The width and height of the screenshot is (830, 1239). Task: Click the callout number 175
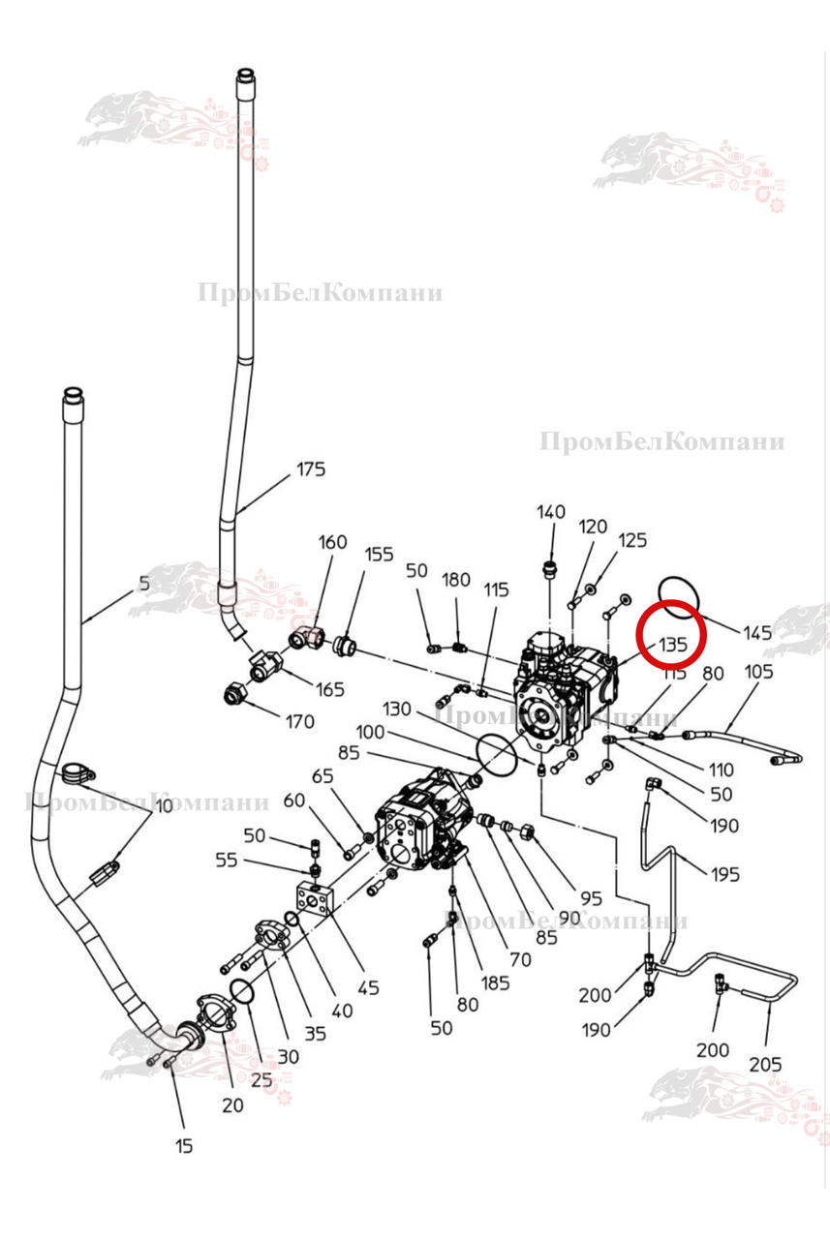(311, 469)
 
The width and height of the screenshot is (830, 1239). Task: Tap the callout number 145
(757, 633)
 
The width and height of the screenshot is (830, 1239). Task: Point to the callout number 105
(759, 672)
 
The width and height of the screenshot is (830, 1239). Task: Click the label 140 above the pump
(551, 512)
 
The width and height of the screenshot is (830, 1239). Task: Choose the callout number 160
(332, 542)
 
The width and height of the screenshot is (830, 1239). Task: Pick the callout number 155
(379, 555)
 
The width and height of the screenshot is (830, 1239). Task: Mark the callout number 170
(299, 721)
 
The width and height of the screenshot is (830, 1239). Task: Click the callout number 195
(724, 874)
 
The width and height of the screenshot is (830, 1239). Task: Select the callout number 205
(765, 1065)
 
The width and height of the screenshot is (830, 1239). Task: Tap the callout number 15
(184, 1146)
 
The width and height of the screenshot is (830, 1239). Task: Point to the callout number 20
(232, 1106)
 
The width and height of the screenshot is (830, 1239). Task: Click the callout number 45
(368, 988)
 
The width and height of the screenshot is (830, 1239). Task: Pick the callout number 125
(632, 540)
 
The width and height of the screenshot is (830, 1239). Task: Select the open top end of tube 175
(247, 75)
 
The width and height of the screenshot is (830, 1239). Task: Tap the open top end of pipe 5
(74, 394)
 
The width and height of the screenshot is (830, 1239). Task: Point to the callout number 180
(456, 580)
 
